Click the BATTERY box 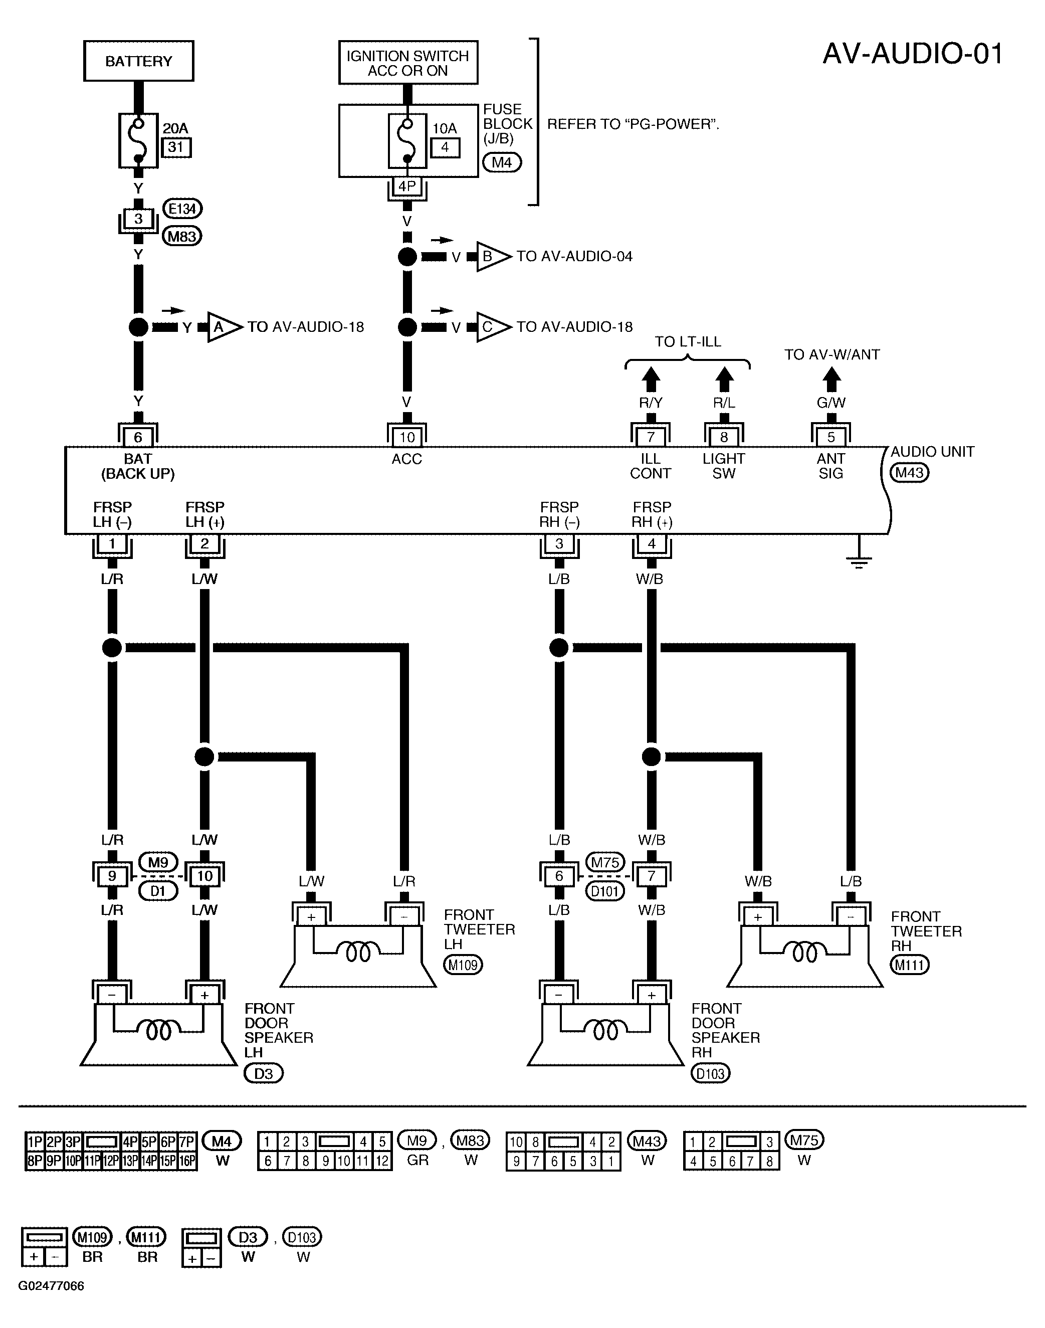(x=139, y=61)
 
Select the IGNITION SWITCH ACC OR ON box (x=408, y=63)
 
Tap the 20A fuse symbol (x=139, y=141)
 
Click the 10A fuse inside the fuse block (x=407, y=141)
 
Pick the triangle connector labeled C (x=493, y=327)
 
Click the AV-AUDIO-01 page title (x=912, y=54)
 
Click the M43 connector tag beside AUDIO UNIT (x=909, y=472)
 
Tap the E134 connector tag (x=182, y=209)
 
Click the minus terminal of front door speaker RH (x=559, y=995)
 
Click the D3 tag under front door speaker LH (x=264, y=1073)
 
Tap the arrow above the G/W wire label (x=831, y=380)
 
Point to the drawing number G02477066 (x=52, y=1285)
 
